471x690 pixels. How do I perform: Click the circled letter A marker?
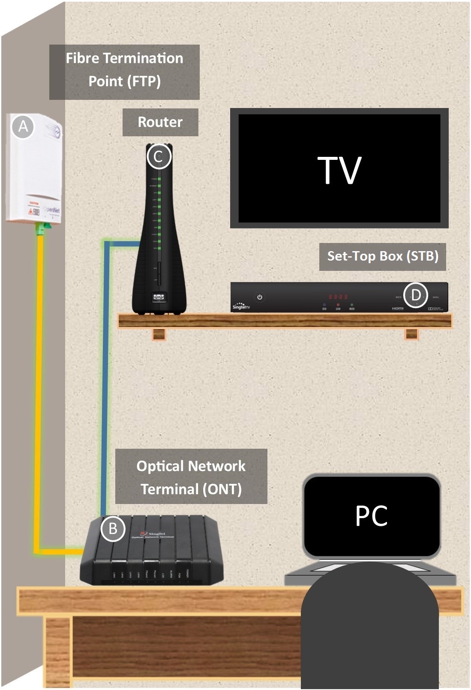(23, 126)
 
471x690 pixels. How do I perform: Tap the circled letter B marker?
(113, 528)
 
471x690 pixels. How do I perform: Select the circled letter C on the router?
(159, 157)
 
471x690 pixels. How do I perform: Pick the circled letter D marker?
(416, 295)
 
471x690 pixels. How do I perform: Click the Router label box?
(160, 122)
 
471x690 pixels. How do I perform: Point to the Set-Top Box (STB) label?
(382, 256)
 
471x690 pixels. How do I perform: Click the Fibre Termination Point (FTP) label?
(124, 70)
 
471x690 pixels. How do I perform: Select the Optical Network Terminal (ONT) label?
(191, 477)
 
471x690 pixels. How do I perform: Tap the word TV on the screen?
(339, 170)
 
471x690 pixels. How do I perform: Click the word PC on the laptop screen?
(371, 516)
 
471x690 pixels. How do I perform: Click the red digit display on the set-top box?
(338, 296)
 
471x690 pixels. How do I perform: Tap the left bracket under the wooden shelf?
(159, 335)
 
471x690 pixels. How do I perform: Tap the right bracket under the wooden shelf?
(411, 335)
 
